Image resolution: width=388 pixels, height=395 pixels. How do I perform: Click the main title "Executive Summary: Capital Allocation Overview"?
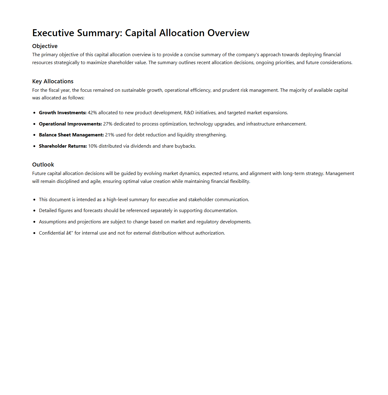(x=141, y=33)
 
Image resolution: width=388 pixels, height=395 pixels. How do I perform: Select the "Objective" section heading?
(x=45, y=46)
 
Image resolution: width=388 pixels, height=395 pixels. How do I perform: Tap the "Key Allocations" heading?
(x=53, y=81)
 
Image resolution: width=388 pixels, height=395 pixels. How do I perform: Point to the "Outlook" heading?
(x=43, y=165)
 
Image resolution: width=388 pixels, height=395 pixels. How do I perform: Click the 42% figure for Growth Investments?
(x=92, y=113)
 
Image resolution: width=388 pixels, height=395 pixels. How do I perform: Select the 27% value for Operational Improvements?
(x=108, y=124)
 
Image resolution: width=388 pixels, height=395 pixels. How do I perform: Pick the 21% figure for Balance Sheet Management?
(x=110, y=135)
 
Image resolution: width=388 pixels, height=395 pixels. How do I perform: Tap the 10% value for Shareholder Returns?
(x=93, y=146)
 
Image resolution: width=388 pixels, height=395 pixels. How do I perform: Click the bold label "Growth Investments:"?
(x=63, y=113)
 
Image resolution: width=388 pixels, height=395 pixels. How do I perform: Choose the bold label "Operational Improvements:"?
(x=70, y=124)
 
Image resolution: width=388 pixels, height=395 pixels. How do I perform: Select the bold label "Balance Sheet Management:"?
(x=71, y=135)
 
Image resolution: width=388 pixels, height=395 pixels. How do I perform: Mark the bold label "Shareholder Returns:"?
(x=63, y=146)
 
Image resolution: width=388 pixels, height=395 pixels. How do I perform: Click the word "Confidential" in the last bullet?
(x=52, y=233)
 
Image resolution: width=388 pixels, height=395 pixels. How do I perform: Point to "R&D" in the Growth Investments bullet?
(x=189, y=113)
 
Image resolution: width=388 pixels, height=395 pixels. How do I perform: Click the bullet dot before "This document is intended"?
(x=34, y=200)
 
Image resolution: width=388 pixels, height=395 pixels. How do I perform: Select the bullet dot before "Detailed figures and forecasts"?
(x=34, y=211)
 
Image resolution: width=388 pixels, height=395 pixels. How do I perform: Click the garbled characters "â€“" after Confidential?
(x=70, y=233)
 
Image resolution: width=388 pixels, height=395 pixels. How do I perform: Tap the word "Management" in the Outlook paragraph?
(x=340, y=173)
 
